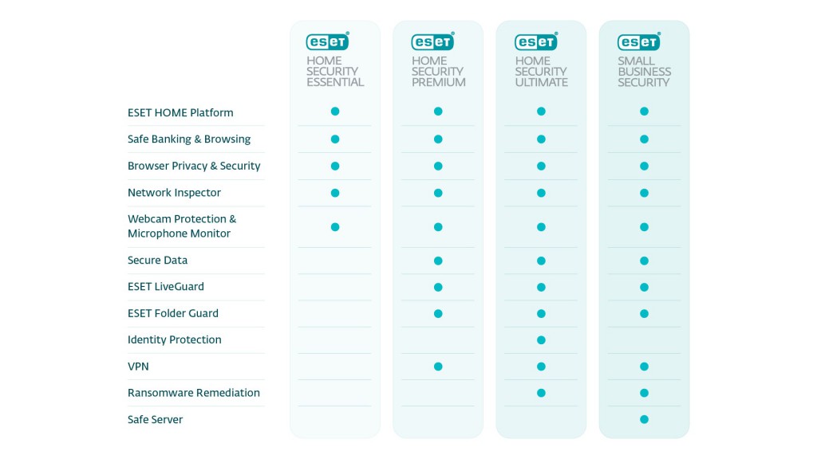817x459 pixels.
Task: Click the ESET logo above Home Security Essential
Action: (327, 41)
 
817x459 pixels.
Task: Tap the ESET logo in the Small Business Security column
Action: (638, 41)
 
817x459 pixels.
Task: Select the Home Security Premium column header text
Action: (438, 72)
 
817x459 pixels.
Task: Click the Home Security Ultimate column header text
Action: (541, 72)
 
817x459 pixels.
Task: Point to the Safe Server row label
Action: (155, 419)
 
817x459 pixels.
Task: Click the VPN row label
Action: (138, 367)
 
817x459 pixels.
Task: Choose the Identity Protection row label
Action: (174, 339)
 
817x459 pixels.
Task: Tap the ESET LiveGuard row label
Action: (165, 286)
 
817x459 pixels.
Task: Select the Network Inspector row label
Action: (174, 193)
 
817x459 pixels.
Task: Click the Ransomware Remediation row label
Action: (193, 393)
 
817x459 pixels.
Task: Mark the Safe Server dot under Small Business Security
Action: (644, 419)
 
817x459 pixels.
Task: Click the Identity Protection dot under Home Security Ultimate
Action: (541, 340)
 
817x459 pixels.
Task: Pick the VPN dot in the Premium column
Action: (438, 367)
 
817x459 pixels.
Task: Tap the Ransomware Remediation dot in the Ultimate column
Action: (541, 393)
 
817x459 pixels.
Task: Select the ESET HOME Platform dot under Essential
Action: (335, 112)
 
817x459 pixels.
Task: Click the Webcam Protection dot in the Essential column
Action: (335, 227)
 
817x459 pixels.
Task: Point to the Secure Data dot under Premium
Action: (438, 261)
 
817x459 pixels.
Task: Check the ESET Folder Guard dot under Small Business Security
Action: (644, 313)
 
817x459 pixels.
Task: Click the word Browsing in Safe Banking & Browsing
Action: (227, 139)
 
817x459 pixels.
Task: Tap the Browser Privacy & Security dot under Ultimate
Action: (541, 167)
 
